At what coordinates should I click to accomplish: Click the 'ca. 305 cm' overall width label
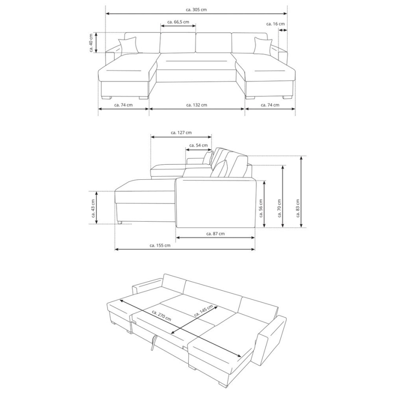(196, 10)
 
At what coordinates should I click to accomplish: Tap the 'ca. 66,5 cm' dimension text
(178, 21)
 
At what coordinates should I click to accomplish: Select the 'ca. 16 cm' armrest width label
(276, 24)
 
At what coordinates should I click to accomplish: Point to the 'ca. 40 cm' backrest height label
(91, 43)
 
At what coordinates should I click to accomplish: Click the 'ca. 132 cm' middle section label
(197, 105)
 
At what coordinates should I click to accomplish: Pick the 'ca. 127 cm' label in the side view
(181, 132)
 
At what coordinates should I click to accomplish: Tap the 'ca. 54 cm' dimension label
(198, 145)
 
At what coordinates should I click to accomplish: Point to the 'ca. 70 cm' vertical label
(279, 196)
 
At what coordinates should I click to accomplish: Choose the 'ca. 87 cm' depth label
(215, 233)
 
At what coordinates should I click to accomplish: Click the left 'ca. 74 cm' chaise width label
(123, 105)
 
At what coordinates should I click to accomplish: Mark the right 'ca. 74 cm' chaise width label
(270, 105)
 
